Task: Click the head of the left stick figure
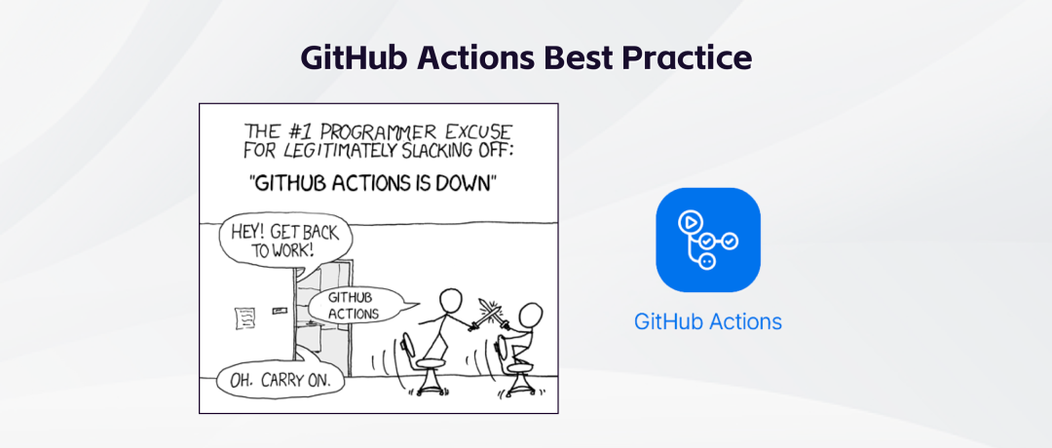[450, 299]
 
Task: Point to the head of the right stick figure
[531, 315]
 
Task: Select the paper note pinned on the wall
[244, 317]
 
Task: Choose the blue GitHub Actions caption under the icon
[708, 322]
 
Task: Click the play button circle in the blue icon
[689, 221]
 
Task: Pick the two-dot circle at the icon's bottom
[706, 262]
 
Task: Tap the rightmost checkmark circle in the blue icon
[730, 241]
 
